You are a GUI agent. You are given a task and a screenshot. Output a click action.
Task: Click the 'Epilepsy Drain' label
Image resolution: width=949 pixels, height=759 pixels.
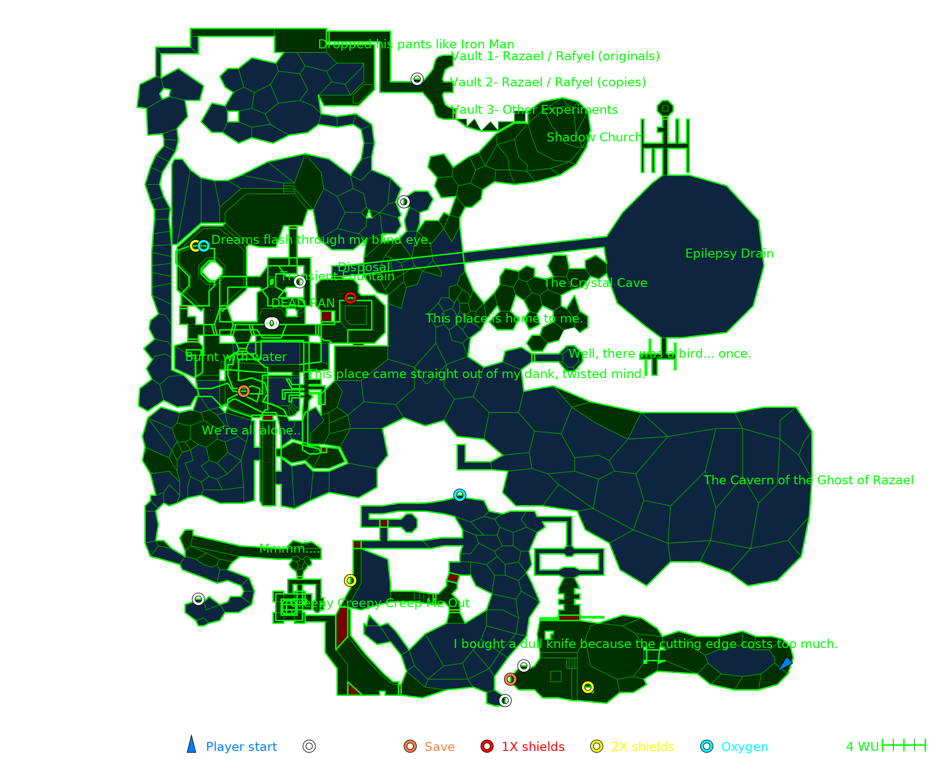click(x=729, y=254)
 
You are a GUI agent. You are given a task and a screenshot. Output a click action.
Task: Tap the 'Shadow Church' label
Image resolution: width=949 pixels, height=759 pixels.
click(x=594, y=138)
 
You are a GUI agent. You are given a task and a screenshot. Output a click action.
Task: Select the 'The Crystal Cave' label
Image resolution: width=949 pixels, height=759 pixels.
click(x=595, y=283)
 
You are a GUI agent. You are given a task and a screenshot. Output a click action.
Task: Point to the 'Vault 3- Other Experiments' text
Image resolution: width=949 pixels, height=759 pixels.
click(x=534, y=110)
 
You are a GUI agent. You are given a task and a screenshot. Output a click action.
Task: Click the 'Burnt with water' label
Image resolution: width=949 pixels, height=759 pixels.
click(x=236, y=357)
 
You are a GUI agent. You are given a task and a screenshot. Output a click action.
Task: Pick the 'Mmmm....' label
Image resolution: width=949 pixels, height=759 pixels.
click(x=289, y=549)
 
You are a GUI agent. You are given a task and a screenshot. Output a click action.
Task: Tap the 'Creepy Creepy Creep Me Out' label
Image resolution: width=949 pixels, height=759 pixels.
click(x=380, y=603)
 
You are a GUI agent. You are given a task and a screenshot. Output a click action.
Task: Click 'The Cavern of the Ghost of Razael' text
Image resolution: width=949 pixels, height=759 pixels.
click(x=808, y=481)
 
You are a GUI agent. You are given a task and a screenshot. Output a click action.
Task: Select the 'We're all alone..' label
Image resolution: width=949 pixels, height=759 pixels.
click(x=251, y=431)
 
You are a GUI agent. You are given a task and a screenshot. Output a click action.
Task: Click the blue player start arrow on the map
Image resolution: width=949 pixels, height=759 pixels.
click(x=785, y=664)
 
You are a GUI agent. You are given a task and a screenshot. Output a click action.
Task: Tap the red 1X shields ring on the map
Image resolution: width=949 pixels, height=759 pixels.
click(x=350, y=298)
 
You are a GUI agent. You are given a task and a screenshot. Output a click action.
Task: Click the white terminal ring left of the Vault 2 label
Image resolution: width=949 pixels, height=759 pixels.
click(x=417, y=79)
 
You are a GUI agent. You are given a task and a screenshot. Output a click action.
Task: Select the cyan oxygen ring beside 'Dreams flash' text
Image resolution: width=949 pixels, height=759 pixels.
click(x=204, y=246)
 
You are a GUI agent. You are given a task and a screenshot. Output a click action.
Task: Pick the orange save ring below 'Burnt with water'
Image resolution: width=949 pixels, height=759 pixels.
click(x=243, y=391)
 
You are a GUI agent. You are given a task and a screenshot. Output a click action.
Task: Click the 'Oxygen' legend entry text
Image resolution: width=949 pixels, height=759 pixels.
click(x=744, y=747)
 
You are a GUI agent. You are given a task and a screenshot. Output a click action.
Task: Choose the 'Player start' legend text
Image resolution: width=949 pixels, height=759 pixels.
click(x=241, y=747)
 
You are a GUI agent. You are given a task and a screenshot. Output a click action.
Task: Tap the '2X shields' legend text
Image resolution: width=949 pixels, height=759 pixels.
click(x=642, y=747)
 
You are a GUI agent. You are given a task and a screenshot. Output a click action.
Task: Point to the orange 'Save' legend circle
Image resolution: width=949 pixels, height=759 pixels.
click(x=410, y=746)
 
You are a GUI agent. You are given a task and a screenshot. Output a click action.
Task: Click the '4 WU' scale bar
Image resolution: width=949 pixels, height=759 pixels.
click(x=903, y=745)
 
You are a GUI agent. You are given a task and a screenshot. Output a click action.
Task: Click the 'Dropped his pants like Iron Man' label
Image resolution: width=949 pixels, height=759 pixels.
click(x=416, y=45)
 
